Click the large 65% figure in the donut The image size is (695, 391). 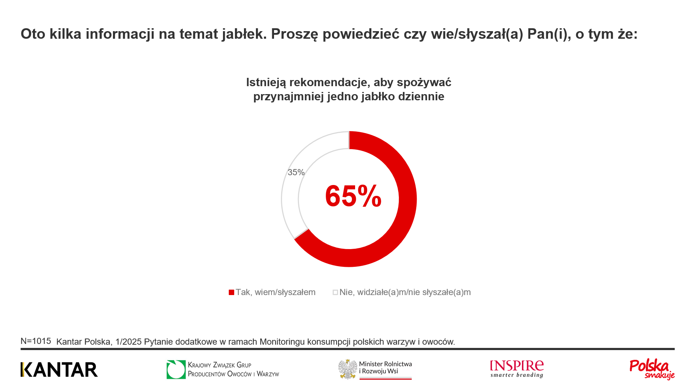pyautogui.click(x=353, y=196)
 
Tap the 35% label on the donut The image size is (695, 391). pyautogui.click(x=296, y=172)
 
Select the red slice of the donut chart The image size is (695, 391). pyautogui.click(x=407, y=199)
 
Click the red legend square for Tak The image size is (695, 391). pyautogui.click(x=231, y=292)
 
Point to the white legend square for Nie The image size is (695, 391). pyautogui.click(x=335, y=292)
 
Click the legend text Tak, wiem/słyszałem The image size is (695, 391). pyautogui.click(x=275, y=292)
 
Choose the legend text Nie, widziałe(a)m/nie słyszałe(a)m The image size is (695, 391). pyautogui.click(x=405, y=292)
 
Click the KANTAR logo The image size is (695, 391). pyautogui.click(x=59, y=370)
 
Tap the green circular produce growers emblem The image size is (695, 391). pyautogui.click(x=176, y=370)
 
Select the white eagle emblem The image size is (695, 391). pyautogui.click(x=348, y=369)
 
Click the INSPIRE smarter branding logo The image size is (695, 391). pyautogui.click(x=517, y=369)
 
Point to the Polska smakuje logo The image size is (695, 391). pyautogui.click(x=652, y=369)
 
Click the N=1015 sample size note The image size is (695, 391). pyautogui.click(x=36, y=341)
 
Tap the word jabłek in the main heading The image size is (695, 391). pyautogui.click(x=245, y=34)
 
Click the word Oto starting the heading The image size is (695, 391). pyautogui.click(x=33, y=34)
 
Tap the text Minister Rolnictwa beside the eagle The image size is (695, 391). pyautogui.click(x=386, y=364)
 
